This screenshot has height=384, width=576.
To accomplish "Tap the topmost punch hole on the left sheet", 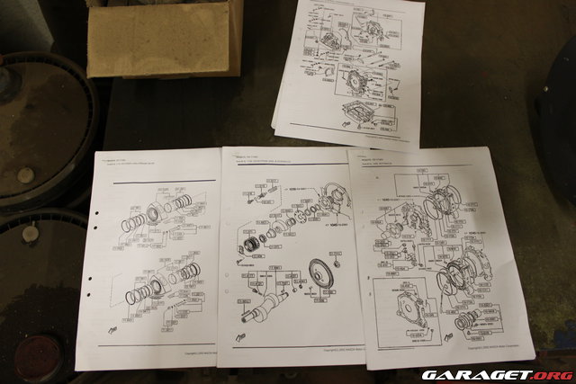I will click(x=96, y=215).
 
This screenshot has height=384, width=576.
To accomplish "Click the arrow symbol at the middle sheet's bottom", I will click(x=240, y=340).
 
